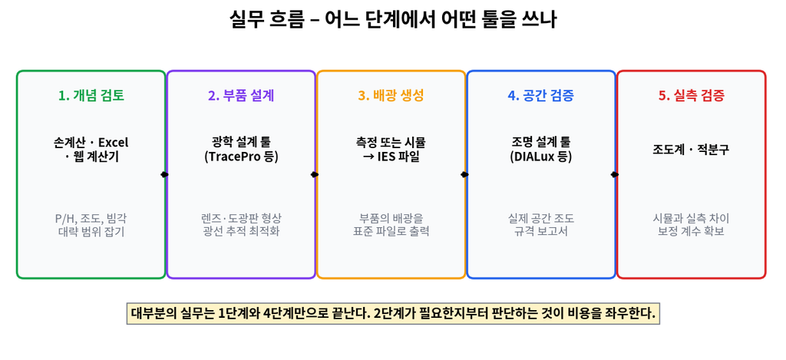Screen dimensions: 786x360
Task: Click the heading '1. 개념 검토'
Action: point(91,96)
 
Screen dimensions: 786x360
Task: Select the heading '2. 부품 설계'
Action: point(240,96)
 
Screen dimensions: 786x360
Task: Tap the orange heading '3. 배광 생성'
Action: point(391,96)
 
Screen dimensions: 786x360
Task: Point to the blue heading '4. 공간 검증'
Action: point(541,96)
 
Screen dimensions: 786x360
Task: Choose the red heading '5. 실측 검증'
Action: point(692,96)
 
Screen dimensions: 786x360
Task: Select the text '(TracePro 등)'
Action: point(240,157)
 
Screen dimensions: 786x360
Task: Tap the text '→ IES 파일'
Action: point(391,157)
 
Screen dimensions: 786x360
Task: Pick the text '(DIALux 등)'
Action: point(541,157)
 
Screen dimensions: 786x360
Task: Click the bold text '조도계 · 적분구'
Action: point(692,150)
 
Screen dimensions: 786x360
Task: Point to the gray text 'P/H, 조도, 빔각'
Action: point(91,219)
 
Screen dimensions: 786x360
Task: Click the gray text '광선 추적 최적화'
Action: point(240,232)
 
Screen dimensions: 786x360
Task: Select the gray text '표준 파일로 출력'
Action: point(391,232)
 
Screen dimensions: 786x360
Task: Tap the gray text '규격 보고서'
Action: point(541,232)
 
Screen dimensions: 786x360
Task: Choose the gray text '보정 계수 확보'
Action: point(692,232)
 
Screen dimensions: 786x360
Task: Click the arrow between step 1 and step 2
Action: point(165,174)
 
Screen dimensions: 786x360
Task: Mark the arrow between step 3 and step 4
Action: point(465,174)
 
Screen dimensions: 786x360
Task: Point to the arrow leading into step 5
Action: point(615,174)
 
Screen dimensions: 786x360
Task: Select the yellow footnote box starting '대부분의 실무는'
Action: point(392,314)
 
